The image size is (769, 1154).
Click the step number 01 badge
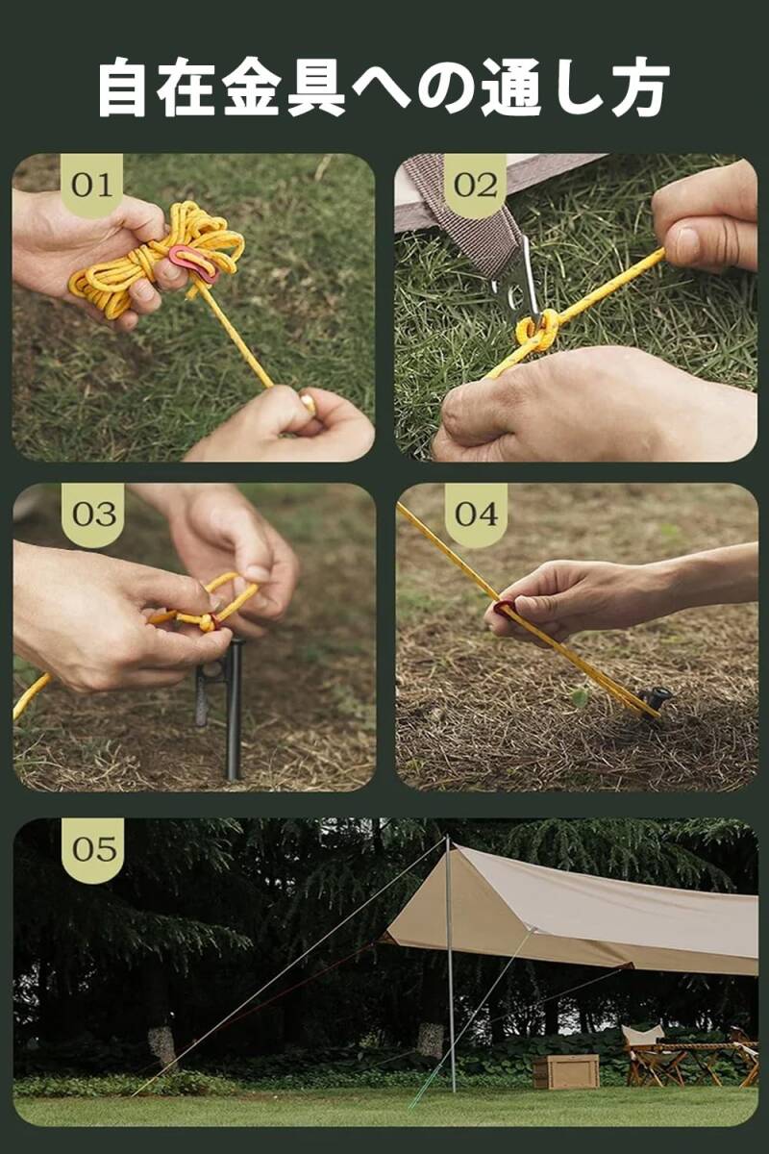[92, 185]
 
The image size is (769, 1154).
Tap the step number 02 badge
[476, 185]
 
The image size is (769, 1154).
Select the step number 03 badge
[94, 514]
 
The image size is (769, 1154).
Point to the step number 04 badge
[477, 514]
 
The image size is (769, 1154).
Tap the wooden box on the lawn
[566, 1071]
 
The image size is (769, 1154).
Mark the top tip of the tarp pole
[447, 838]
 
